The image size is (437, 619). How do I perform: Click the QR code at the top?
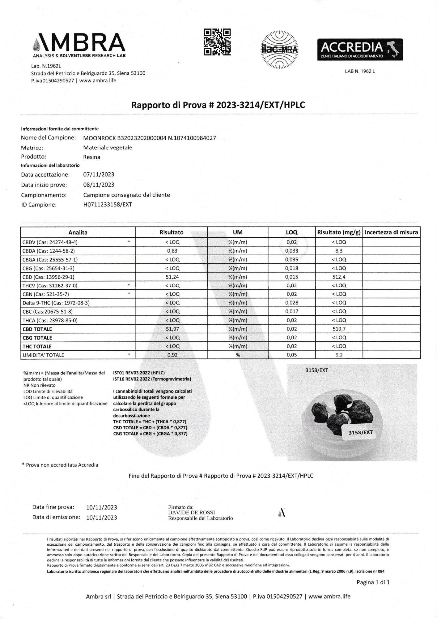click(x=217, y=42)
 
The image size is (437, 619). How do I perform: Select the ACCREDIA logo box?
click(x=360, y=50)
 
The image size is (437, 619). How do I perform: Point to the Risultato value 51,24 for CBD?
click(x=172, y=277)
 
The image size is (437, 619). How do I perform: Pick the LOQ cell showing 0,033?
click(x=291, y=251)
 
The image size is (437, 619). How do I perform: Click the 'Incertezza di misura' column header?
click(x=391, y=232)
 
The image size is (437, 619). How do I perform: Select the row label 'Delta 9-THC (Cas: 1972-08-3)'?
click(x=56, y=303)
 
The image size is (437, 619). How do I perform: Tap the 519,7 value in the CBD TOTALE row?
click(x=339, y=329)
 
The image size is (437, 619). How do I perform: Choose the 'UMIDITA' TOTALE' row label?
click(x=43, y=355)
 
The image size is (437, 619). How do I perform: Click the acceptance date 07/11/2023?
click(x=99, y=175)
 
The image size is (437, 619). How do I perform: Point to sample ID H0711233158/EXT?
click(x=108, y=205)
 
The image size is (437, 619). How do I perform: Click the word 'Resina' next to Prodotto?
click(x=92, y=157)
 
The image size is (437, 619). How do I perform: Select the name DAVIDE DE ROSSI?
click(x=191, y=513)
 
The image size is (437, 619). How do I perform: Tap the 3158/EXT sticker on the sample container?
click(x=360, y=432)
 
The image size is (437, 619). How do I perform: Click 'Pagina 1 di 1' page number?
click(x=373, y=582)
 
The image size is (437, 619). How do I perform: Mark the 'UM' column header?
click(x=237, y=232)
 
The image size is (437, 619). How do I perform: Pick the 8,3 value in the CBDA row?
click(x=339, y=251)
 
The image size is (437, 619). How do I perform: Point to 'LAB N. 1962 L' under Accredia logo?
click(x=360, y=71)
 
